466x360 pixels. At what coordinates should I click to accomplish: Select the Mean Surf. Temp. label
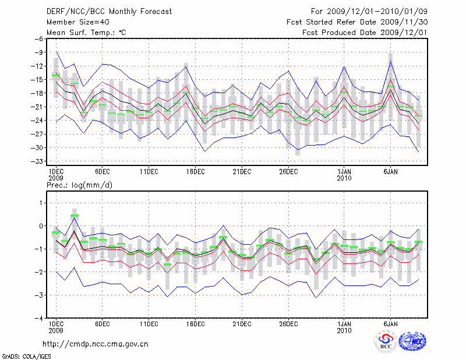(x=86, y=33)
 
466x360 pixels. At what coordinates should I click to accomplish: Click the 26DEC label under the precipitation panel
(x=288, y=323)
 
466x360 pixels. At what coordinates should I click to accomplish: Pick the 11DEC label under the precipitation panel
(x=149, y=323)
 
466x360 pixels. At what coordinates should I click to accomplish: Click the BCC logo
(x=385, y=341)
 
